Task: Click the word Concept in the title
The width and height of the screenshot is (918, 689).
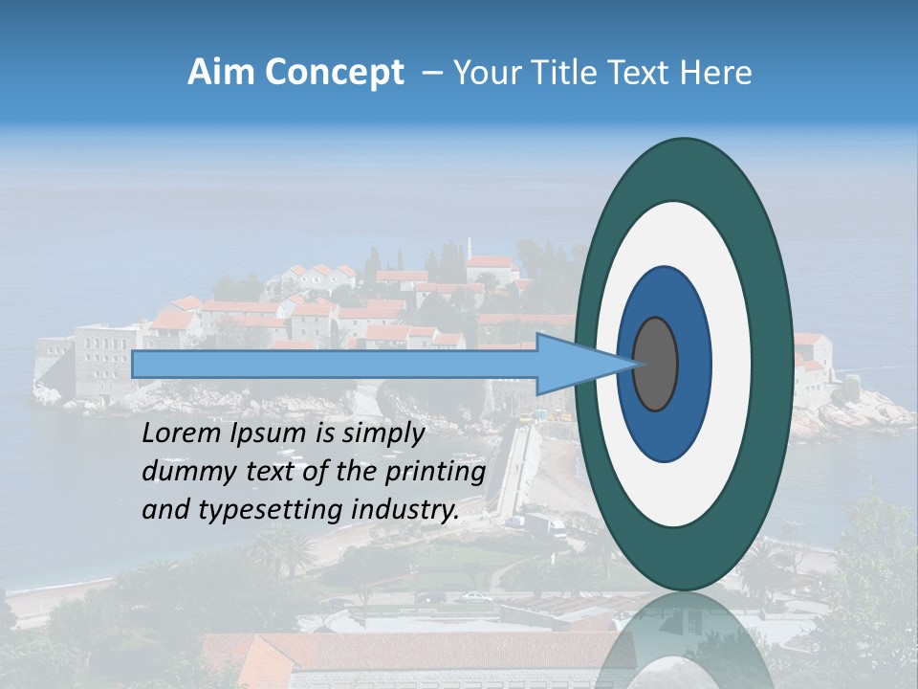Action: (335, 73)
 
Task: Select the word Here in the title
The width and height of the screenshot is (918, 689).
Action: (716, 73)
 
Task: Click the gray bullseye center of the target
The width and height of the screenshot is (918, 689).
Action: (656, 364)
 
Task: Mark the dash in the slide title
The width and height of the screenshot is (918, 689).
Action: (432, 74)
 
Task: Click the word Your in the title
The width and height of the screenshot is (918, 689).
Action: (484, 73)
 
